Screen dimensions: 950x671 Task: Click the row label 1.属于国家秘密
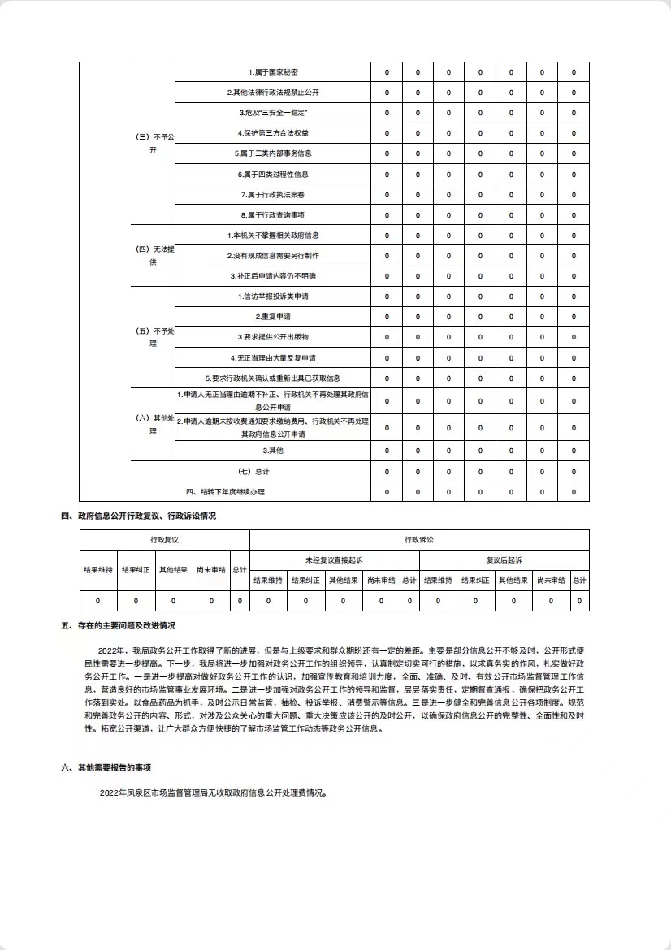tap(273, 72)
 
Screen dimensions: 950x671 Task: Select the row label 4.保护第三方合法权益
tap(273, 133)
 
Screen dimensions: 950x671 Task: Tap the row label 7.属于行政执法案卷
tap(273, 195)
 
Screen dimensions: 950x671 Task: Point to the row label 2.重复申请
tap(273, 317)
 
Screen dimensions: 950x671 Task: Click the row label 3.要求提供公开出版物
tap(273, 337)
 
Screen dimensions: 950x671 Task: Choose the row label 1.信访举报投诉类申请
tap(273, 296)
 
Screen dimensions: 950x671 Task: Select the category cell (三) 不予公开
tap(154, 144)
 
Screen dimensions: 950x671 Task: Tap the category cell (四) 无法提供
tap(154, 255)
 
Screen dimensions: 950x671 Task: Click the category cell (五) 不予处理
tap(154, 337)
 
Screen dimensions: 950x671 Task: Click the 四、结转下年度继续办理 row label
tap(225, 491)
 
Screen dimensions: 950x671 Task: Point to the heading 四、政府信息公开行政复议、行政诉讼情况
tap(138, 516)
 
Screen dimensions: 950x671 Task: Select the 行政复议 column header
tap(164, 539)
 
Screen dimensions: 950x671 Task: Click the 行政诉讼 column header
tap(419, 539)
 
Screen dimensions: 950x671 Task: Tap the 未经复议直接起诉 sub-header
tap(334, 560)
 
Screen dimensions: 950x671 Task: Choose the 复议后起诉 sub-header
tap(504, 560)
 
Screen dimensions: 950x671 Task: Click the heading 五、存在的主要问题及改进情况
tap(118, 626)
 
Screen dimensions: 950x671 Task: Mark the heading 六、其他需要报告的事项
tap(106, 767)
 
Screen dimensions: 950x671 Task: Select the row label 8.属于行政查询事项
tap(273, 215)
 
